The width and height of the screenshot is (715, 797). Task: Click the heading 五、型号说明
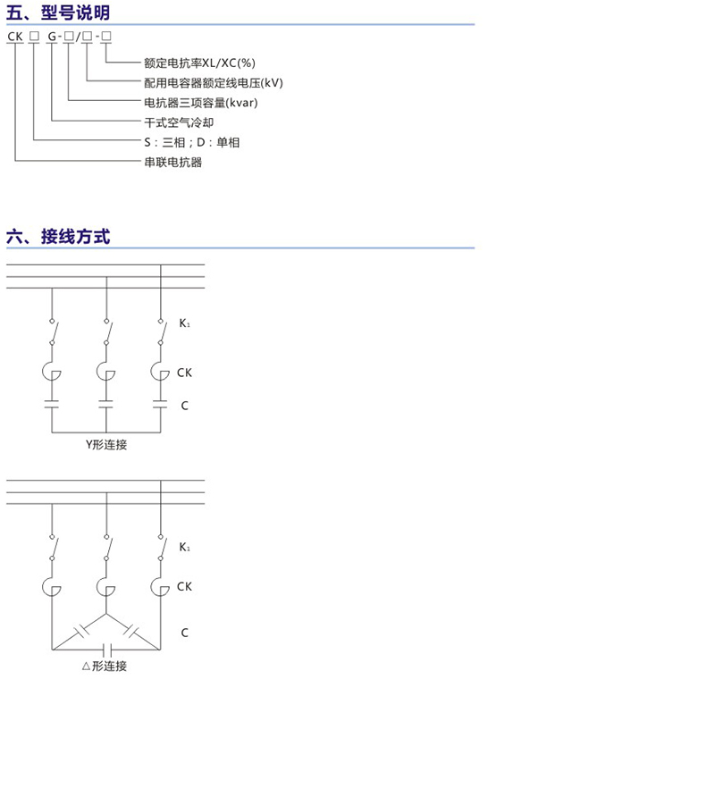click(x=58, y=13)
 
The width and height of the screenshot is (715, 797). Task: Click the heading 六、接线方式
click(x=58, y=237)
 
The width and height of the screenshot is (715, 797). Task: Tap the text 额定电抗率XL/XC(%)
click(x=200, y=63)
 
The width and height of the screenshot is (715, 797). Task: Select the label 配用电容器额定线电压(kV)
click(x=214, y=83)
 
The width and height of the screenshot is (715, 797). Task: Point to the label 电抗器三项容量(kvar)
click(x=201, y=103)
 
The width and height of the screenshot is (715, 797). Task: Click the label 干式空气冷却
click(x=179, y=122)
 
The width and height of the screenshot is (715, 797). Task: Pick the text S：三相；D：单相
click(x=192, y=142)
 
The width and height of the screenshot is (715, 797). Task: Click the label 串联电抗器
click(x=172, y=162)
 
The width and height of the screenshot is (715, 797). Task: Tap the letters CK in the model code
click(x=15, y=37)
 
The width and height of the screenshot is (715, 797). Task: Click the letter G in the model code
click(x=52, y=37)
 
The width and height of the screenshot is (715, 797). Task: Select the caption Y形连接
click(x=106, y=445)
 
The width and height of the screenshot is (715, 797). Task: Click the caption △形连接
click(x=105, y=666)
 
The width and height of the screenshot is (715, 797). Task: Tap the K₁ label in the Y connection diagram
click(x=184, y=323)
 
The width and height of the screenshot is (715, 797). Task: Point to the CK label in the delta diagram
click(x=184, y=586)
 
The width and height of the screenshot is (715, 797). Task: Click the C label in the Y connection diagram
click(x=184, y=406)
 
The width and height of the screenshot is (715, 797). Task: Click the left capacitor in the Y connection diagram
click(x=52, y=404)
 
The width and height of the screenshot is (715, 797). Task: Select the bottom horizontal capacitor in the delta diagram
click(x=106, y=650)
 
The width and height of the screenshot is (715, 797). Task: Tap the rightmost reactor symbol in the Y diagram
click(x=160, y=372)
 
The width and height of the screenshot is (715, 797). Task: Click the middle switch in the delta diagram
click(x=106, y=548)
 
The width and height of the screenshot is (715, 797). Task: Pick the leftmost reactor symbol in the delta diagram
click(x=51, y=587)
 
